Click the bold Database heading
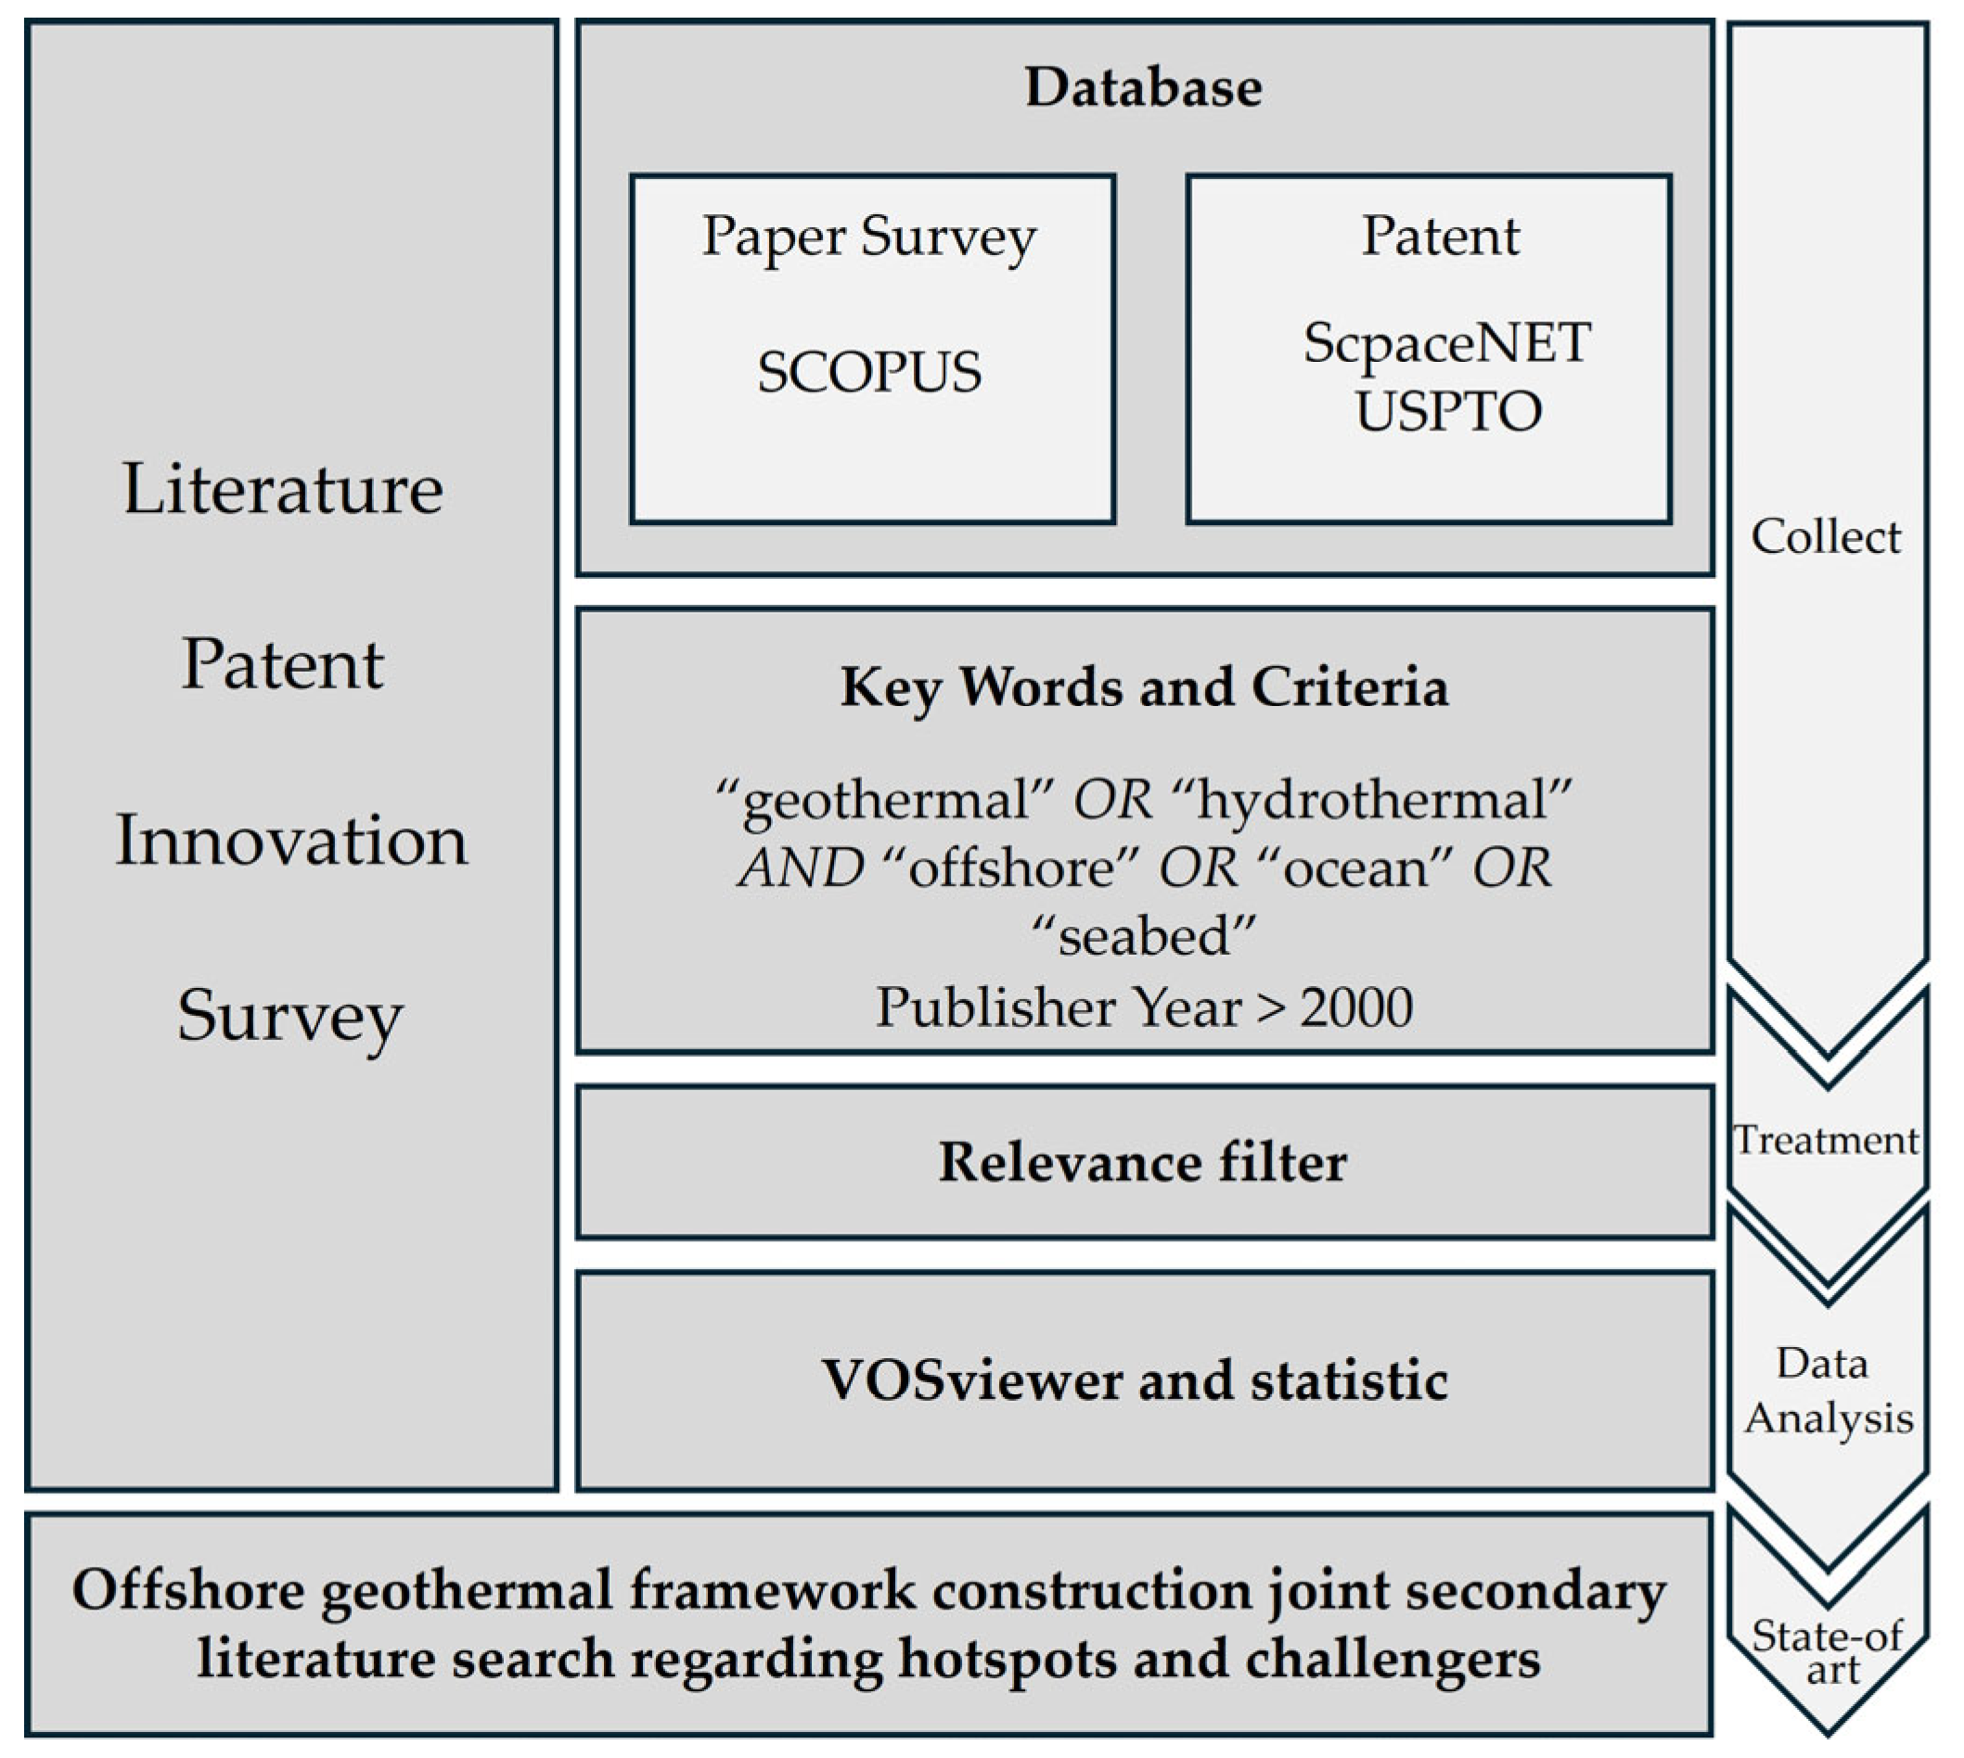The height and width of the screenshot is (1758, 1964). (1143, 88)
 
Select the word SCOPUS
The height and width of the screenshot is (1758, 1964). (869, 372)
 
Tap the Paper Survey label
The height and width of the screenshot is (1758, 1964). (869, 237)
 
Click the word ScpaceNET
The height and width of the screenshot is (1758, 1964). (1446, 344)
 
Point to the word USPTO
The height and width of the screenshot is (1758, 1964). (1447, 412)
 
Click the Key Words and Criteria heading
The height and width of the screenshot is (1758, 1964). (1144, 687)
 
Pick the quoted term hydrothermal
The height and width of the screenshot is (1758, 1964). (1371, 801)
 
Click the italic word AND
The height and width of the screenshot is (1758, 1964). (800, 867)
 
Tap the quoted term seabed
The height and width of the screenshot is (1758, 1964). (1143, 936)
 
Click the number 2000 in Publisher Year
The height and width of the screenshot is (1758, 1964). (1355, 1007)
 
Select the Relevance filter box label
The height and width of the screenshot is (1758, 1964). (1143, 1162)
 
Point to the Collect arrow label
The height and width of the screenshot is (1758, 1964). (1825, 537)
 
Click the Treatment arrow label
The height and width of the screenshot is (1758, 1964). (1825, 1141)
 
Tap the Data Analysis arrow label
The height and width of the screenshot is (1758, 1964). (1827, 1391)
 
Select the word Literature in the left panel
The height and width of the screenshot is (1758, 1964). (283, 489)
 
